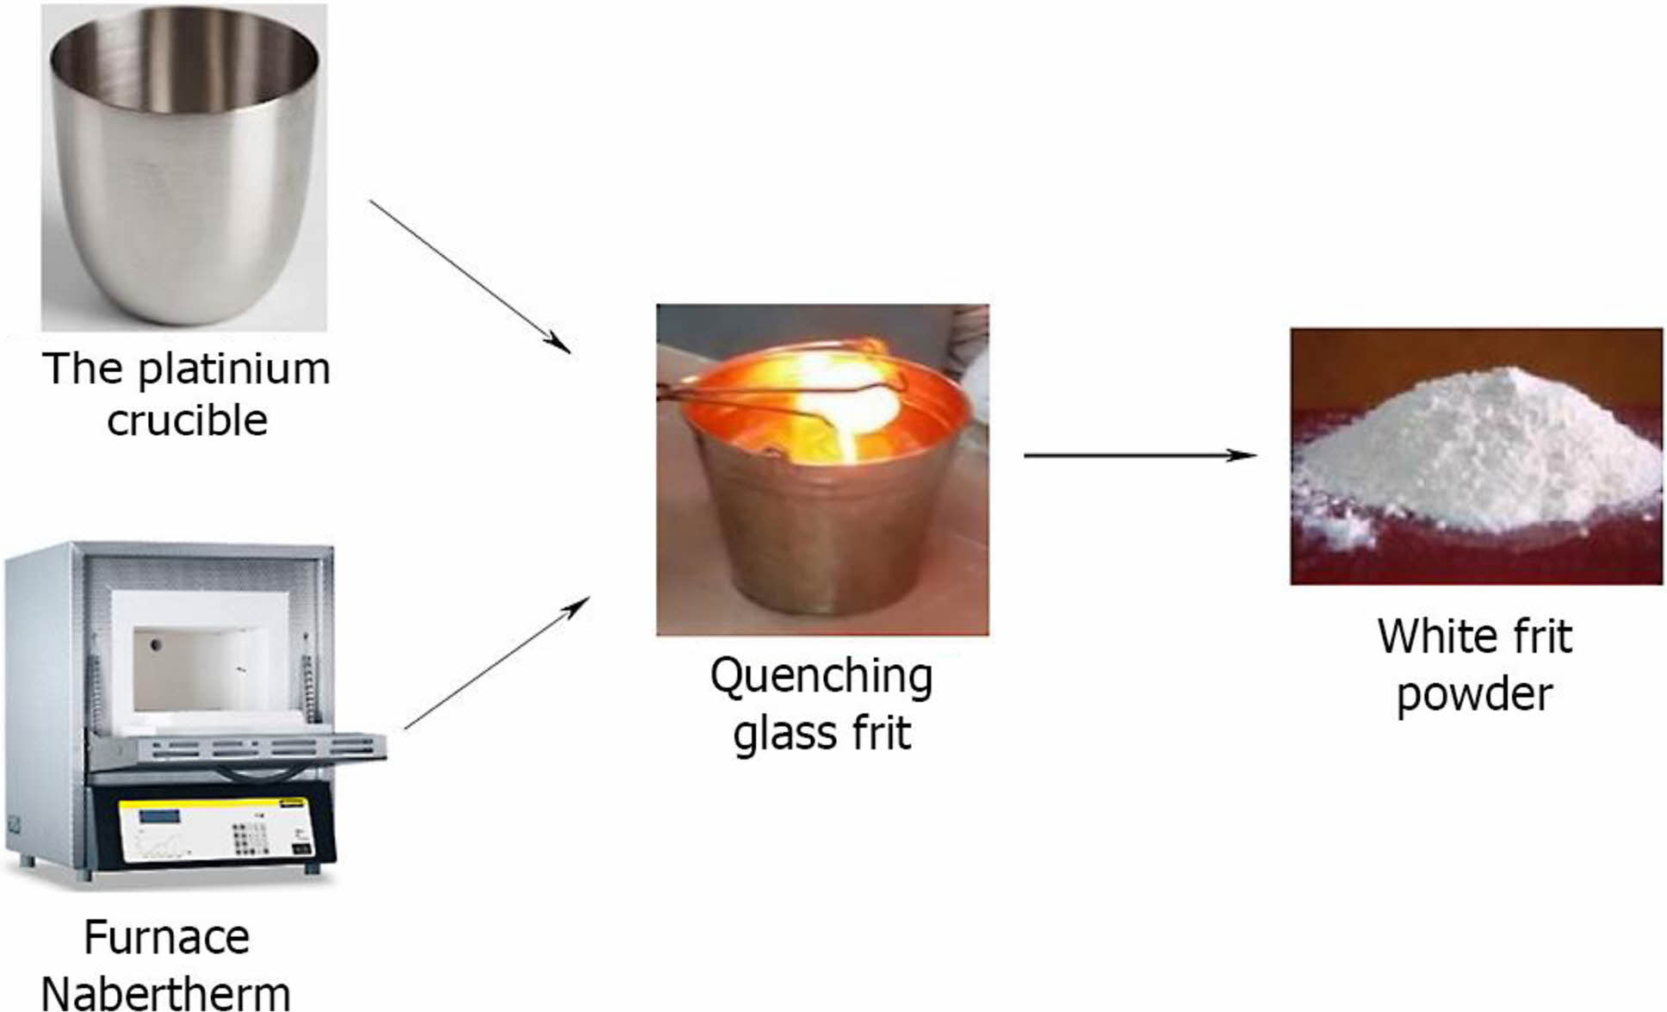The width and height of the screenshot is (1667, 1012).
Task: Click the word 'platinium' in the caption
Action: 233,370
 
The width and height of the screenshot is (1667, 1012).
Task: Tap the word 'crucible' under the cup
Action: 187,421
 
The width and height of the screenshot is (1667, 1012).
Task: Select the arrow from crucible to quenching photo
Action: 469,276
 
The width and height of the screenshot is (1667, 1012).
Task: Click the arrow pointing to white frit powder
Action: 1138,455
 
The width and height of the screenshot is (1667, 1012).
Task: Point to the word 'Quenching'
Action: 821,677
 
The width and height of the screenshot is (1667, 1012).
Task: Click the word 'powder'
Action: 1474,694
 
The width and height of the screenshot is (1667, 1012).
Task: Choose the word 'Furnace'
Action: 167,937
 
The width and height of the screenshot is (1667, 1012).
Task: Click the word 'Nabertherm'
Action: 165,992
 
